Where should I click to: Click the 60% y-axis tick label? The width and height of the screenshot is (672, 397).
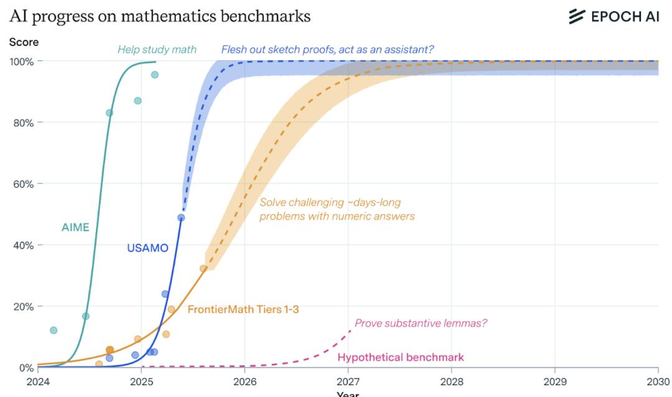(24, 184)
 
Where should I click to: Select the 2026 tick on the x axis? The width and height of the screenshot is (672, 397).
(245, 381)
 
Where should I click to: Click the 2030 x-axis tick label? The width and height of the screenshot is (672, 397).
(658, 381)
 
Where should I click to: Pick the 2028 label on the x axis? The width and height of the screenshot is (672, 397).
(451, 381)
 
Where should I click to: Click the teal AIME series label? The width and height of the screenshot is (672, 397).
(75, 228)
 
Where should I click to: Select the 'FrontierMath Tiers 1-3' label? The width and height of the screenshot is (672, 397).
(239, 309)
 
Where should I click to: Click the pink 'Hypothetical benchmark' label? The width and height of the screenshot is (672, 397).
(400, 357)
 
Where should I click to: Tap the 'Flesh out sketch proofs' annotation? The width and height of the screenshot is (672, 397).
(327, 50)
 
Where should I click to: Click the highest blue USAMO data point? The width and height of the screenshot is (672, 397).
(181, 218)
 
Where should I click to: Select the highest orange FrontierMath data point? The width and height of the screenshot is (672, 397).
(203, 268)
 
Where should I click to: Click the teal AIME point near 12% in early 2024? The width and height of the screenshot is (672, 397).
(54, 330)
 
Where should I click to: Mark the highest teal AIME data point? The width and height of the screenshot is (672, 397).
(154, 75)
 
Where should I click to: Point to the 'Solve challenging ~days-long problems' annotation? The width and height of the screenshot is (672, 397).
(337, 210)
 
